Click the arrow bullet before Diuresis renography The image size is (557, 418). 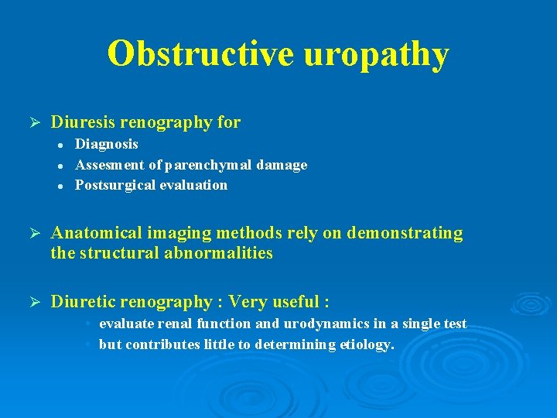point(32,122)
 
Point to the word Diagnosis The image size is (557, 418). point(107,144)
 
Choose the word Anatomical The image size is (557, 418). point(96,233)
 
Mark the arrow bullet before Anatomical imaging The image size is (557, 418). point(32,233)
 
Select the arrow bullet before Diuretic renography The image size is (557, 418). point(32,301)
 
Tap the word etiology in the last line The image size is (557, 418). point(367,344)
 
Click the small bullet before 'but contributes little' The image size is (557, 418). point(90,344)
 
